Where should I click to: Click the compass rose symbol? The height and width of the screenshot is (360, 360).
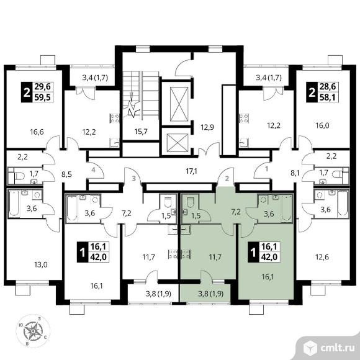click(33, 331)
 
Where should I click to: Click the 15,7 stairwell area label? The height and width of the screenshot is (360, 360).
click(141, 132)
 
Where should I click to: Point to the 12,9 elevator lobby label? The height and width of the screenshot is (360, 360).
click(207, 127)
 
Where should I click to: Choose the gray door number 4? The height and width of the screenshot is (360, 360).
click(93, 170)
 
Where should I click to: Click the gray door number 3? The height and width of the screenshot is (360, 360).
click(134, 178)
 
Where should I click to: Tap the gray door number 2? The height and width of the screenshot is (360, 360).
click(227, 178)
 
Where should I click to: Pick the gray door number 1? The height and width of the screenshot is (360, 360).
click(266, 169)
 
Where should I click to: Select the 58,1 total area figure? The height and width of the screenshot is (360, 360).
click(327, 97)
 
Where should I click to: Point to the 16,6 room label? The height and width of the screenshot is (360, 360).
click(37, 132)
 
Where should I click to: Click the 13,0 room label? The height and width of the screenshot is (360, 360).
click(40, 264)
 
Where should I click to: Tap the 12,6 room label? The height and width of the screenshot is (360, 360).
click(322, 257)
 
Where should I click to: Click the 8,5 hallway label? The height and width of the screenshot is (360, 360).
click(66, 174)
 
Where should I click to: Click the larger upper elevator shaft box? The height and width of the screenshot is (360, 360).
click(179, 104)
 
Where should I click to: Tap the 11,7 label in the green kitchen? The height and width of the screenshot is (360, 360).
click(215, 257)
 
